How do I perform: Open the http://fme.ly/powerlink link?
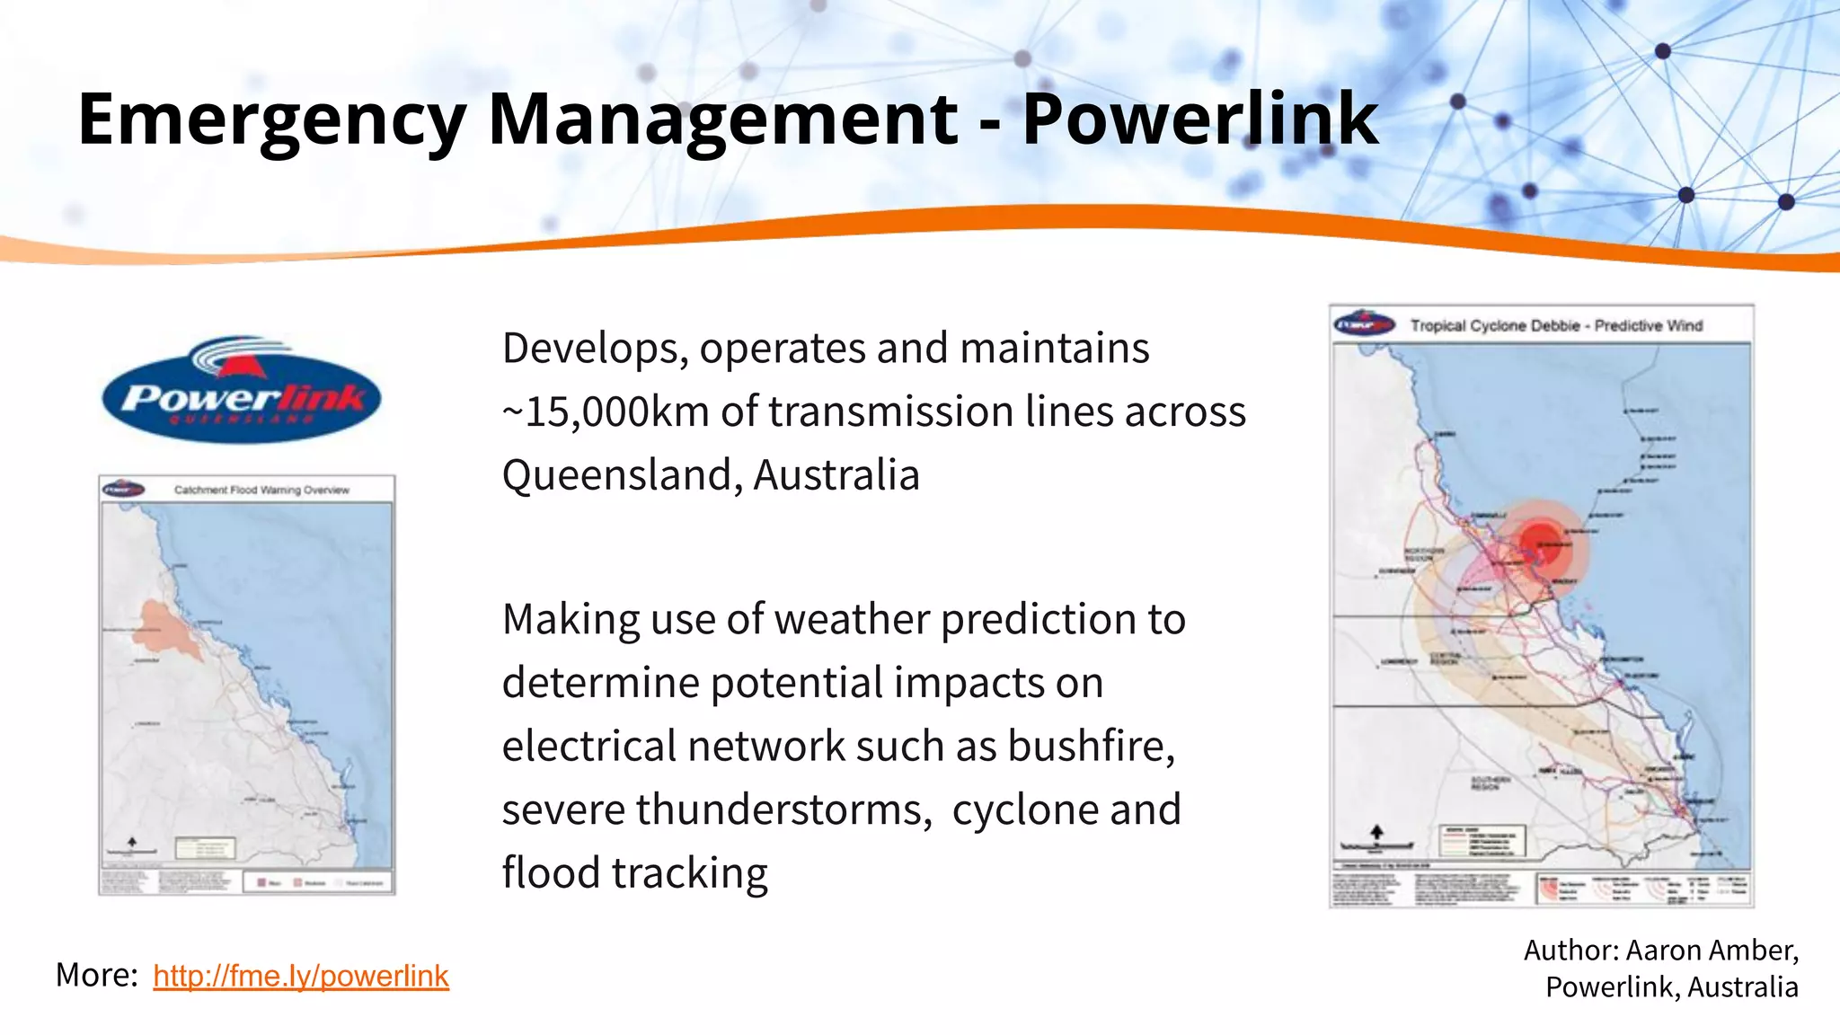[x=300, y=976]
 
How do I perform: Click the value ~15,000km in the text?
[x=606, y=411]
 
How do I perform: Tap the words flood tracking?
[x=634, y=873]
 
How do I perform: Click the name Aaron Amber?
[x=1712, y=951]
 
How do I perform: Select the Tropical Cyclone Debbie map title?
[x=1556, y=325]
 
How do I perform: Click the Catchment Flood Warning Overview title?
[x=261, y=490]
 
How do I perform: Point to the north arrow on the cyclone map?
[x=1376, y=833]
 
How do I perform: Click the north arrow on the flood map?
[x=132, y=842]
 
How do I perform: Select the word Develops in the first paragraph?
[x=594, y=349]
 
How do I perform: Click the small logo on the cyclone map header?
[x=1364, y=324]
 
